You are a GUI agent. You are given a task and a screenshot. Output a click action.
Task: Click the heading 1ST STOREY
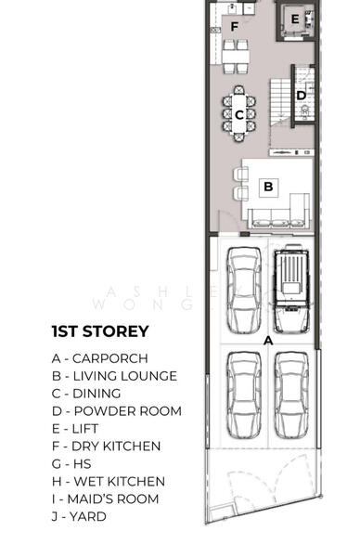tap(100, 331)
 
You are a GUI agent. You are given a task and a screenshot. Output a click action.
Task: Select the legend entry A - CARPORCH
tap(100, 358)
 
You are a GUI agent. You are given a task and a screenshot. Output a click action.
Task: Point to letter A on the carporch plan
tap(268, 341)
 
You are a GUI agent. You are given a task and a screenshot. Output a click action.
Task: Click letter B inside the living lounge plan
tap(268, 187)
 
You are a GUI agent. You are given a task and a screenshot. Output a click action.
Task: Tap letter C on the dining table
tap(239, 115)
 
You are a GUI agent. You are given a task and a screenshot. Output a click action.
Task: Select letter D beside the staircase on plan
tap(302, 95)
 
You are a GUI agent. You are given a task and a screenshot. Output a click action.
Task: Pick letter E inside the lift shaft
tap(294, 19)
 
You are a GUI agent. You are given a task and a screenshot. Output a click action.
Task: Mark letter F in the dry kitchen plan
tap(235, 26)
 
